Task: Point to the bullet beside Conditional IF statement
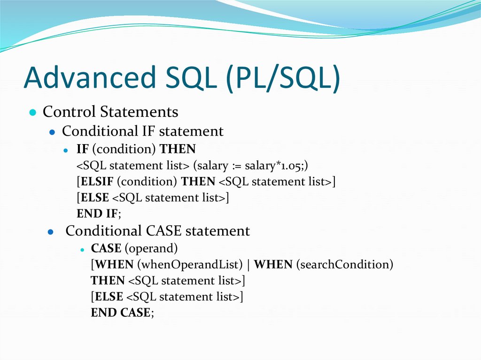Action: tap(53, 132)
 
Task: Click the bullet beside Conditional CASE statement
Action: tap(52, 232)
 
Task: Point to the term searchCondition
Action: tap(344, 265)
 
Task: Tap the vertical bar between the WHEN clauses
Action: tap(248, 265)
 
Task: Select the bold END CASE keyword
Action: tap(121, 313)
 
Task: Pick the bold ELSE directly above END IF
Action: tap(95, 198)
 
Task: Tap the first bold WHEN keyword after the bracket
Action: tap(115, 265)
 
